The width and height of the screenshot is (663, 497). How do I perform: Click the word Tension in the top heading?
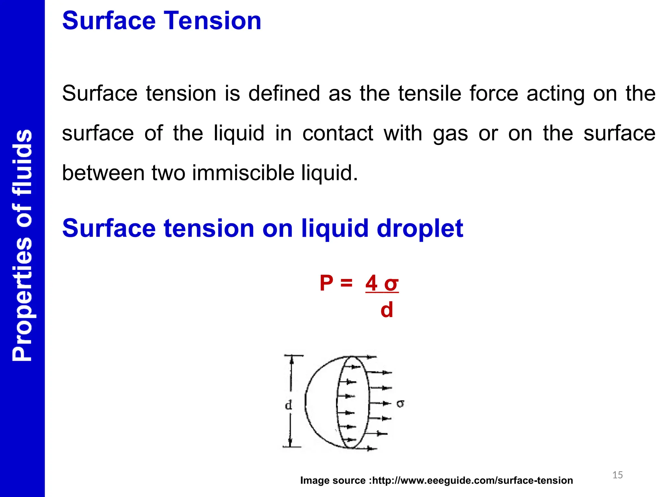212,21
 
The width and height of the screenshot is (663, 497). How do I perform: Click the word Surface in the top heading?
109,21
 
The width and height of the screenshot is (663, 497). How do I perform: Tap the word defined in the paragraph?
284,94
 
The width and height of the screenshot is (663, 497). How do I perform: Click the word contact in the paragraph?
338,133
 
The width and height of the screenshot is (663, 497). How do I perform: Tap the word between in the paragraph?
103,173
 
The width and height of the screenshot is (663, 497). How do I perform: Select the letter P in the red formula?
326,283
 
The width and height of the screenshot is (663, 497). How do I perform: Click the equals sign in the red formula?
346,283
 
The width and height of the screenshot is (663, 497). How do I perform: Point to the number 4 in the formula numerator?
371,283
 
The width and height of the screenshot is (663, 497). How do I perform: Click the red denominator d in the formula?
387,310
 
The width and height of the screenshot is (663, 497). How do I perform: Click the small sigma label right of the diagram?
400,403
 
